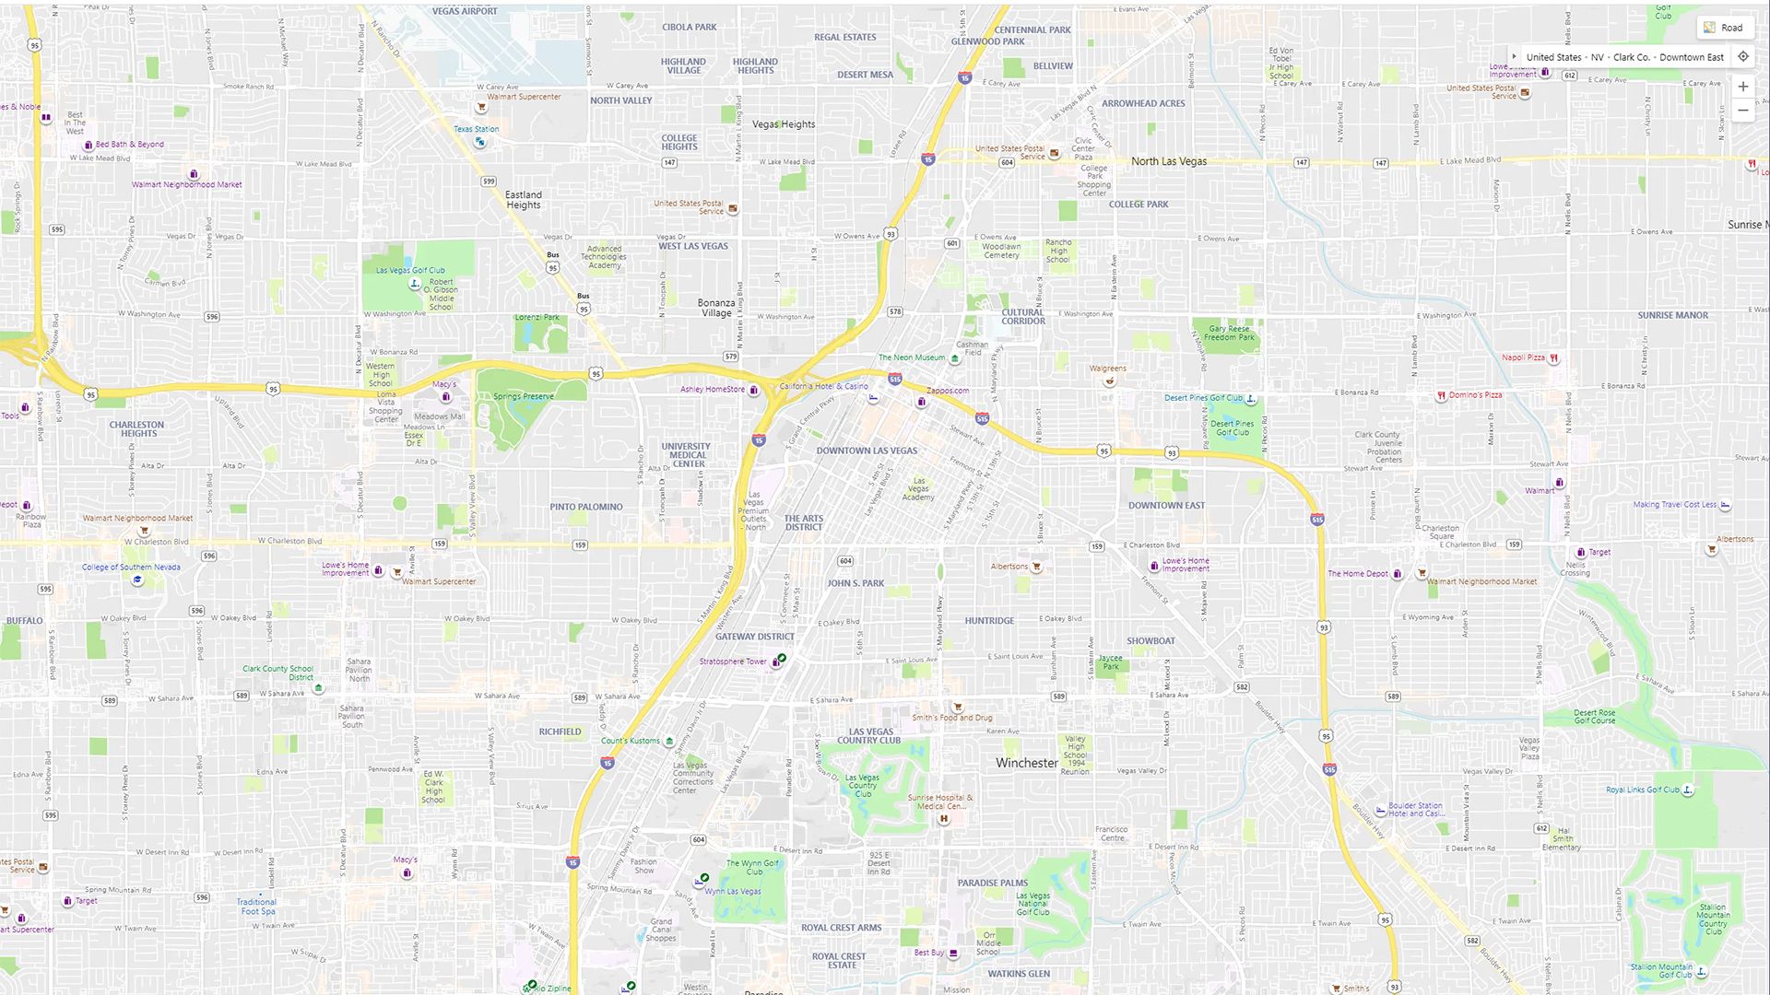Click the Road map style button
pos(1723,28)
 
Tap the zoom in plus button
pos(1742,87)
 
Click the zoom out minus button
pos(1742,111)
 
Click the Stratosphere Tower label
pos(733,661)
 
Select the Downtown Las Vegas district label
pos(867,451)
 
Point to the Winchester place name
pos(1027,763)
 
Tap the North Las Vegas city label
pos(1169,161)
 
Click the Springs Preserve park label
pos(524,397)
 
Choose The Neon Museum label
pos(912,357)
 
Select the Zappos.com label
pos(948,391)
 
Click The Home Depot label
pos(1358,574)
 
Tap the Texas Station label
pos(476,129)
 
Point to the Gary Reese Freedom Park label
pos(1229,333)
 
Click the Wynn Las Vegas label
pos(733,891)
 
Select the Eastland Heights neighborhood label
pos(524,200)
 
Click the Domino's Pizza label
pos(1475,395)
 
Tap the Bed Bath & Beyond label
pos(129,145)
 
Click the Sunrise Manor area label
pos(1672,315)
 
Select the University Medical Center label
pos(687,455)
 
